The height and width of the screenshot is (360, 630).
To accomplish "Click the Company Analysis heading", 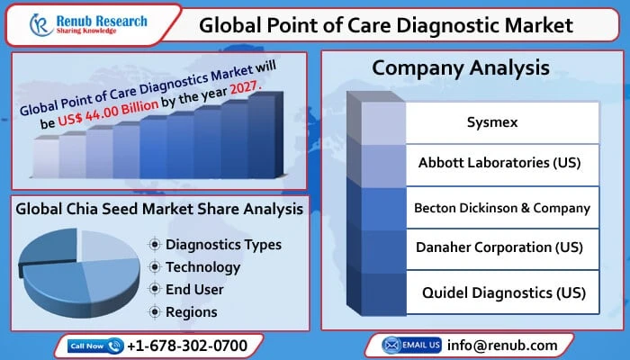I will pos(461,67).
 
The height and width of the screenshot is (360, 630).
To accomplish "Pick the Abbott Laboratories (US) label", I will pos(499,164).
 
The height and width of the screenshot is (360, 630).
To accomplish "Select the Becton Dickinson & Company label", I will pos(501,207).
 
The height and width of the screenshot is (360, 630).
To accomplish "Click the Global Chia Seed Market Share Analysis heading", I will pos(160,210).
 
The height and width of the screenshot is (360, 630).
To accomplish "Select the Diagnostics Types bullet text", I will pos(223,244).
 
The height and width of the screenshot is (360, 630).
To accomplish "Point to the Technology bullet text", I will pos(202,266).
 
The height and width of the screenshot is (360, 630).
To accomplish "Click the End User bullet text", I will pos(194,289).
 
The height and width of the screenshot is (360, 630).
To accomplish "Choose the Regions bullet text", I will pos(191,311).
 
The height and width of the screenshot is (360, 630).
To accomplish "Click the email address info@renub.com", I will pos(501,345).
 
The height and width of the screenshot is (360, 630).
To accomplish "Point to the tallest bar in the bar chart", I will pos(261,135).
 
